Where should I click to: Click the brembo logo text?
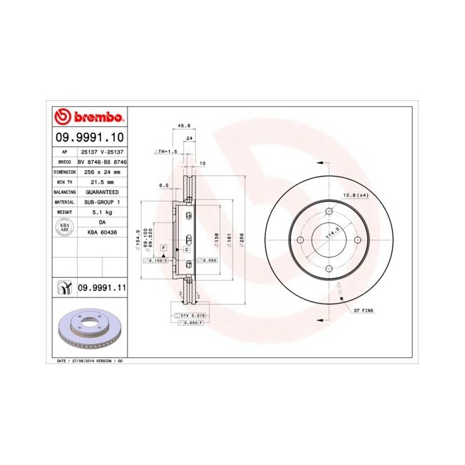tap(96, 118)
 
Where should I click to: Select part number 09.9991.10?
tap(90, 138)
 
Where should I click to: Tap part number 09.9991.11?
tap(102, 288)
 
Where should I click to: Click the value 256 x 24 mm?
tap(102, 171)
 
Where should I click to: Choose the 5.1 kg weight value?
tap(102, 212)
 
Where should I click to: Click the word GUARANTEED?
tap(102, 191)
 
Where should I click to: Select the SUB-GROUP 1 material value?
tap(102, 201)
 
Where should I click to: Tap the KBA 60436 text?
tap(102, 232)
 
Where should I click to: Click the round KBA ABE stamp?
tap(65, 227)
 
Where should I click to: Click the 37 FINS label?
tap(364, 310)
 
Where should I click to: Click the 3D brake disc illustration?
tap(88, 329)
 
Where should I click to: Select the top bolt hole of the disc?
tap(329, 212)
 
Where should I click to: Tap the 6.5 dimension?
tap(163, 186)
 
